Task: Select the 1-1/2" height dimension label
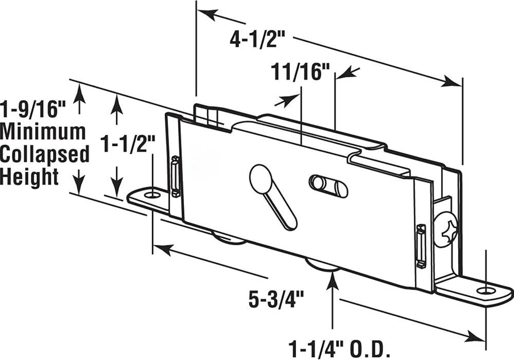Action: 128,143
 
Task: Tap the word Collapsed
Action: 45,154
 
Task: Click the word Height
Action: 29,177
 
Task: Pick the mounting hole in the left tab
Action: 152,195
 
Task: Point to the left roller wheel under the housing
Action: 229,239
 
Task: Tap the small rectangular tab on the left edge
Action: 175,176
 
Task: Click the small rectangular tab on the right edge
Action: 421,246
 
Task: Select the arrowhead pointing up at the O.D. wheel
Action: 333,280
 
